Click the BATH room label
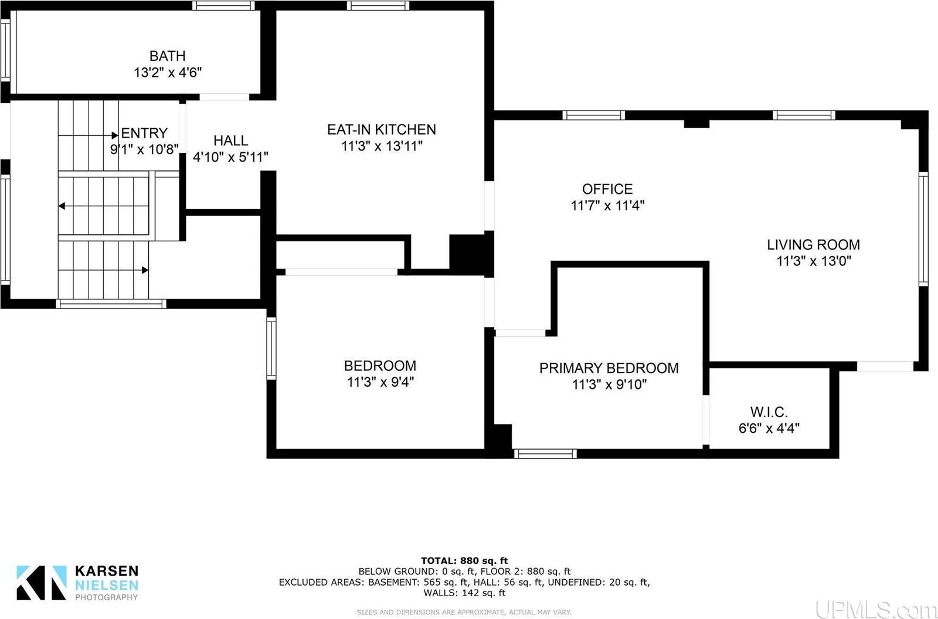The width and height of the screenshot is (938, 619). (168, 56)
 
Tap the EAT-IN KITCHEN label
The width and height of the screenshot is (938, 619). (382, 129)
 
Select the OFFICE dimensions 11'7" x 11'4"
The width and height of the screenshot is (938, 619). (608, 206)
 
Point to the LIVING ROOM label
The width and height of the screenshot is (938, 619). (813, 245)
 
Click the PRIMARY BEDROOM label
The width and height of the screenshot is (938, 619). (609, 368)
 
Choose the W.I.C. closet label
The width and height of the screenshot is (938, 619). (769, 412)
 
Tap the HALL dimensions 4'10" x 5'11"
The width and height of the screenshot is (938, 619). (230, 157)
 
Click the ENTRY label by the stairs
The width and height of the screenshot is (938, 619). (144, 133)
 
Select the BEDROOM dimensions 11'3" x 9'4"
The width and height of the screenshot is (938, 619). (380, 382)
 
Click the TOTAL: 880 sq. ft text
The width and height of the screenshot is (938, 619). (464, 560)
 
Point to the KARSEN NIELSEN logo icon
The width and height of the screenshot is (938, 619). (41, 582)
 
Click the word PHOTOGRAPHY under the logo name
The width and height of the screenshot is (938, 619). (106, 597)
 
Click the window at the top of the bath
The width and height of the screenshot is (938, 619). (223, 6)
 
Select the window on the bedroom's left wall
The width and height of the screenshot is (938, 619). (271, 348)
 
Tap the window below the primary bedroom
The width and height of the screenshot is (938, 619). (545, 453)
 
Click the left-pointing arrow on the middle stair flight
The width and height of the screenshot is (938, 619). (62, 206)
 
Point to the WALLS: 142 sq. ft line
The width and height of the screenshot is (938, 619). (464, 593)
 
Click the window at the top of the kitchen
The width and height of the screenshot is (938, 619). (378, 6)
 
